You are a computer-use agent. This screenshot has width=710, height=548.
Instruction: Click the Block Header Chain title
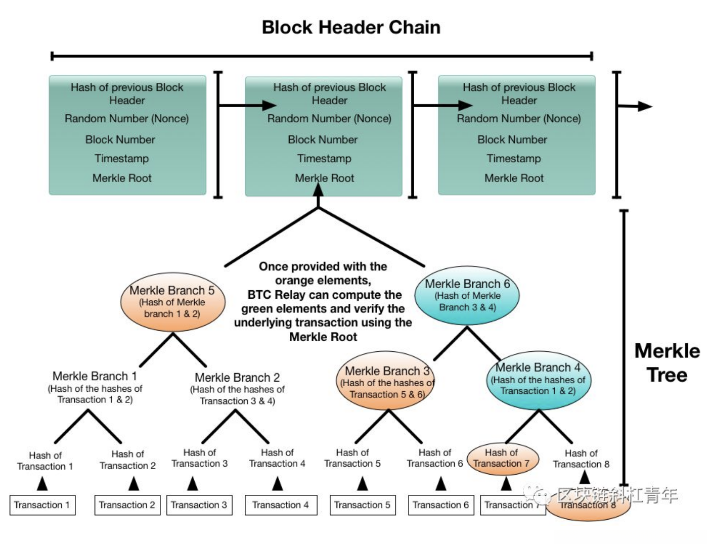[x=351, y=27]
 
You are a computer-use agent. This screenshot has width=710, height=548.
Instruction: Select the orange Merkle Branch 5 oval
[x=172, y=302]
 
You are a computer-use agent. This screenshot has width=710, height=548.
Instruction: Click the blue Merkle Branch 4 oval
[x=538, y=380]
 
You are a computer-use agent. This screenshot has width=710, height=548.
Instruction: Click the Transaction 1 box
[x=42, y=505]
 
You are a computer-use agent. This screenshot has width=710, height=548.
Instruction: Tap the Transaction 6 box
[x=440, y=505]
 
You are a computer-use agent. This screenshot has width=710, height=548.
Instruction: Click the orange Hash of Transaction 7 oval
[x=501, y=459]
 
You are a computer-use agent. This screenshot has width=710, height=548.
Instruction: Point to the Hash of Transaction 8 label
[x=581, y=459]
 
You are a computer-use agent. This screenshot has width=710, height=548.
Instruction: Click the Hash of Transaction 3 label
[x=199, y=458]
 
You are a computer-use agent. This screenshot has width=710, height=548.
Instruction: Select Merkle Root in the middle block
[x=324, y=178]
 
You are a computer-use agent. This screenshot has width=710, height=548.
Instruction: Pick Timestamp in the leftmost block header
[x=122, y=159]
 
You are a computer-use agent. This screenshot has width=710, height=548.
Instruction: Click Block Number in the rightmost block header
[x=512, y=140]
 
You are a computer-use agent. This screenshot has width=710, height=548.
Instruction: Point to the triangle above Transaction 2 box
[x=134, y=484]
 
